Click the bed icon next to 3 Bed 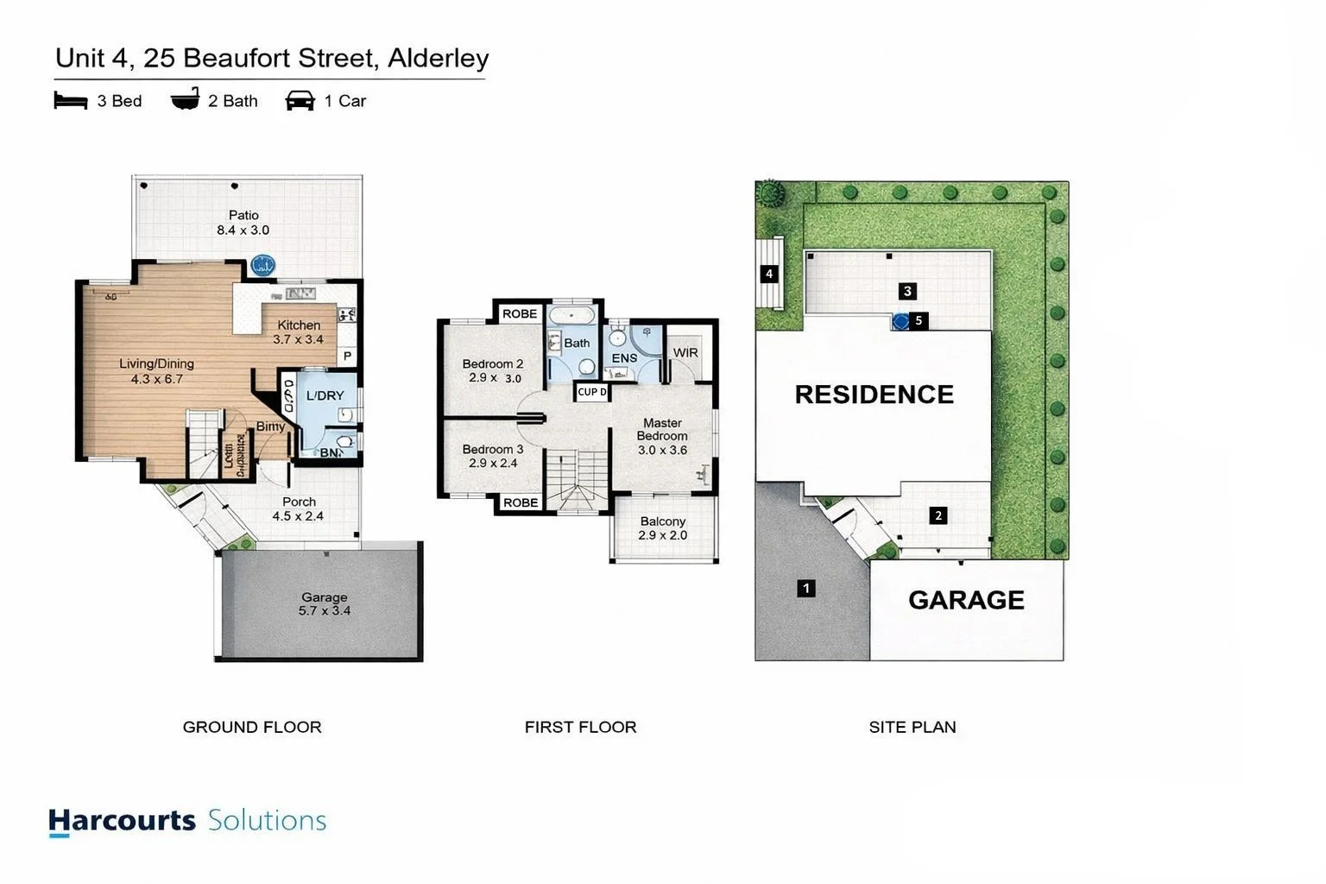point(71,101)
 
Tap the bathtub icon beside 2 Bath point(185,100)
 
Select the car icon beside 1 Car point(300,101)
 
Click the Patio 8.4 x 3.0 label point(243,223)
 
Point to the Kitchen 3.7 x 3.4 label point(299,332)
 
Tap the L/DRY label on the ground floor point(325,396)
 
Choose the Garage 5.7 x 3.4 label point(325,603)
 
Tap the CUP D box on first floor point(591,392)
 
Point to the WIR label point(685,353)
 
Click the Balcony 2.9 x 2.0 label point(663,528)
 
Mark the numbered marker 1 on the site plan point(806,589)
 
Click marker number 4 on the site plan point(769,275)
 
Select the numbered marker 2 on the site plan point(938,516)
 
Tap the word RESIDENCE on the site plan point(874,395)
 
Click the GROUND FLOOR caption point(252,728)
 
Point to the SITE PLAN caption point(912,728)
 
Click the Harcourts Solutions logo point(187,821)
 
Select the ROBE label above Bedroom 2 point(520,314)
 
